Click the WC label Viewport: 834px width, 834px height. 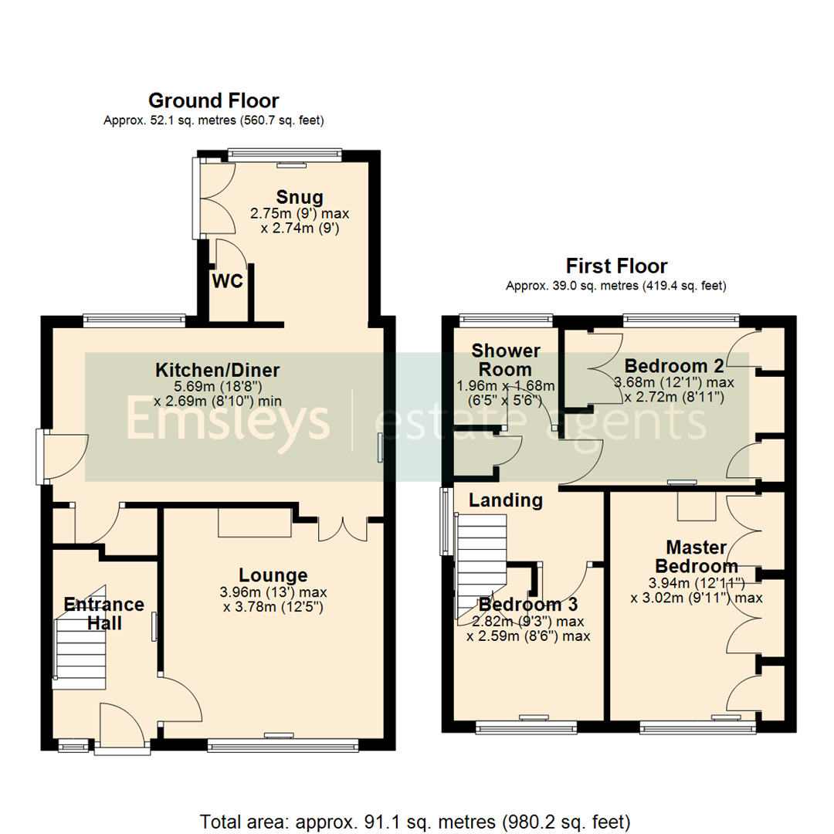[228, 281]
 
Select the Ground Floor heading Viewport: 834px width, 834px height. [213, 100]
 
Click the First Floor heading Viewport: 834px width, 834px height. [616, 266]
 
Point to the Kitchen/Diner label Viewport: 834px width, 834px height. [217, 369]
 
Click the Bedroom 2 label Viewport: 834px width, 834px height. [667, 365]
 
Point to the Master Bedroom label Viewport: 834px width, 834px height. [697, 557]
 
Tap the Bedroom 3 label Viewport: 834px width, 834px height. [528, 604]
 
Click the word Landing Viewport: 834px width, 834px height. [506, 500]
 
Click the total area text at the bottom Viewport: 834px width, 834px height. [415, 820]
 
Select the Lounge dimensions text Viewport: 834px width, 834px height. [273, 600]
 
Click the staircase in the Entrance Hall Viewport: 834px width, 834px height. [79, 645]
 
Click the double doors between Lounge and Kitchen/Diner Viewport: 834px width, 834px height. [344, 528]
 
